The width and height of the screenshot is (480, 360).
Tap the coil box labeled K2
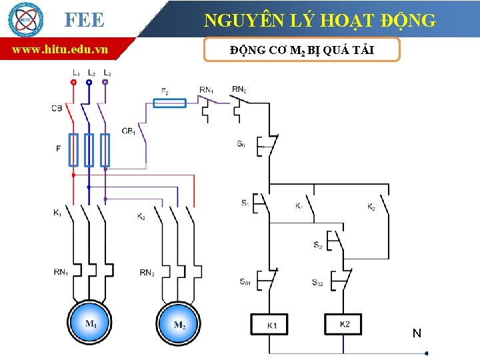344,324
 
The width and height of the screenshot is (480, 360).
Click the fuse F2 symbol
169,103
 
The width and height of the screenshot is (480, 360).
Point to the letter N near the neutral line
417,333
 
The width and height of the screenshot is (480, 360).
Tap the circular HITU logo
25,19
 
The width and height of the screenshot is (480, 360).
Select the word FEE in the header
85,20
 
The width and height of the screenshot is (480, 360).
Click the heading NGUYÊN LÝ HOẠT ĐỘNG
320,21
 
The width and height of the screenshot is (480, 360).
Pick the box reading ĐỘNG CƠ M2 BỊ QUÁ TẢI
301,50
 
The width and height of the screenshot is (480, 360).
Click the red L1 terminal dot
73,83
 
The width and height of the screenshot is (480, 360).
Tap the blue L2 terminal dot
89,83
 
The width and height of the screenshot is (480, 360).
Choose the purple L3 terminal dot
105,83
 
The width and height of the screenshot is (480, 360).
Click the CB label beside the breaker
57,108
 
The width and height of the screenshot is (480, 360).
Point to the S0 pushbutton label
241,143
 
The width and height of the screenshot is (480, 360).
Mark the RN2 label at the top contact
239,89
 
